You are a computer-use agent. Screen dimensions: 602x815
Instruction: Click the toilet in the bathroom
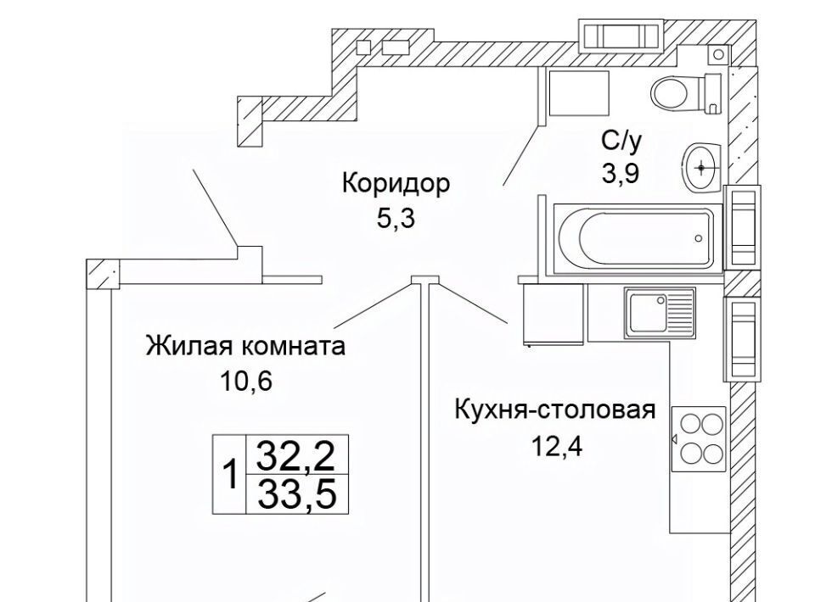(684, 89)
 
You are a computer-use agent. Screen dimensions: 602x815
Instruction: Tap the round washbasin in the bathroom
(701, 165)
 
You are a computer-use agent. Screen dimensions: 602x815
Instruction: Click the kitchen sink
(660, 310)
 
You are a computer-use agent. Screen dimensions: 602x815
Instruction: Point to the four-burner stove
(699, 438)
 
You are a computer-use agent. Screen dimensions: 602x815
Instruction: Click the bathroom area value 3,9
(620, 174)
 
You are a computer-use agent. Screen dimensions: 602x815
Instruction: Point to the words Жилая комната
(245, 346)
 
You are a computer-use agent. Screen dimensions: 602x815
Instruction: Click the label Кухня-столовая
(555, 410)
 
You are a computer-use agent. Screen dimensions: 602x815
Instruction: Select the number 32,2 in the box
(297, 458)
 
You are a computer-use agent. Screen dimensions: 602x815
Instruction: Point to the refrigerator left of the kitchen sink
(553, 315)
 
